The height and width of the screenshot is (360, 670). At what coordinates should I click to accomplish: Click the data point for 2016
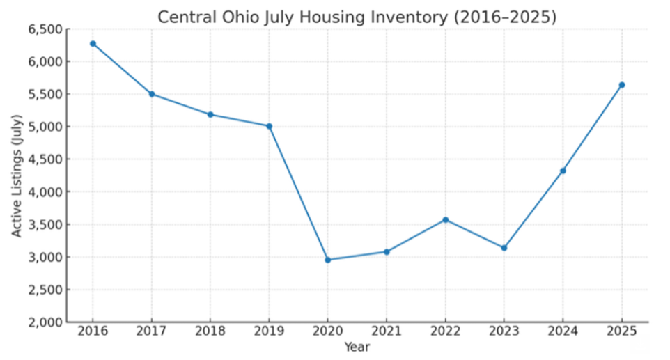coord(93,43)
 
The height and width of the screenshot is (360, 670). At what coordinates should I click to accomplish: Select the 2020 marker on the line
coord(328,260)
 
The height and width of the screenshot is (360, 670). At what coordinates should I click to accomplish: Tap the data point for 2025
coord(622,85)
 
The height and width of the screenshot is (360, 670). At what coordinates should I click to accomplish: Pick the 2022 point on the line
coord(446,219)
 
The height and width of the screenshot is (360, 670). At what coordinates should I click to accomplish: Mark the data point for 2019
coord(269,126)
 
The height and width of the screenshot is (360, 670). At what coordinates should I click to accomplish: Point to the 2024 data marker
coord(563,171)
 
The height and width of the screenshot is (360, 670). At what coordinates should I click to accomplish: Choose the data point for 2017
coord(152,94)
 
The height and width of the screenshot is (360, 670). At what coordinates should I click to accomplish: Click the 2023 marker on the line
coord(504,248)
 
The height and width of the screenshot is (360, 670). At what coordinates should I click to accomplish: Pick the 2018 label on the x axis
coord(210,332)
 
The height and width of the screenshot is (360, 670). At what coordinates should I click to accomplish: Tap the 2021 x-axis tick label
coord(387,332)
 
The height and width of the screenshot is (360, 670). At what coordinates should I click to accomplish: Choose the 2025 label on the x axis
coord(622,332)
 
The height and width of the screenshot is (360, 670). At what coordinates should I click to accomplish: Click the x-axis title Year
coord(357,347)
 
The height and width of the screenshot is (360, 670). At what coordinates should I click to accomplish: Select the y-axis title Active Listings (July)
coord(17,176)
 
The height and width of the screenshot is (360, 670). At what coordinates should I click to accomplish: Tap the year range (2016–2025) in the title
coord(505,17)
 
